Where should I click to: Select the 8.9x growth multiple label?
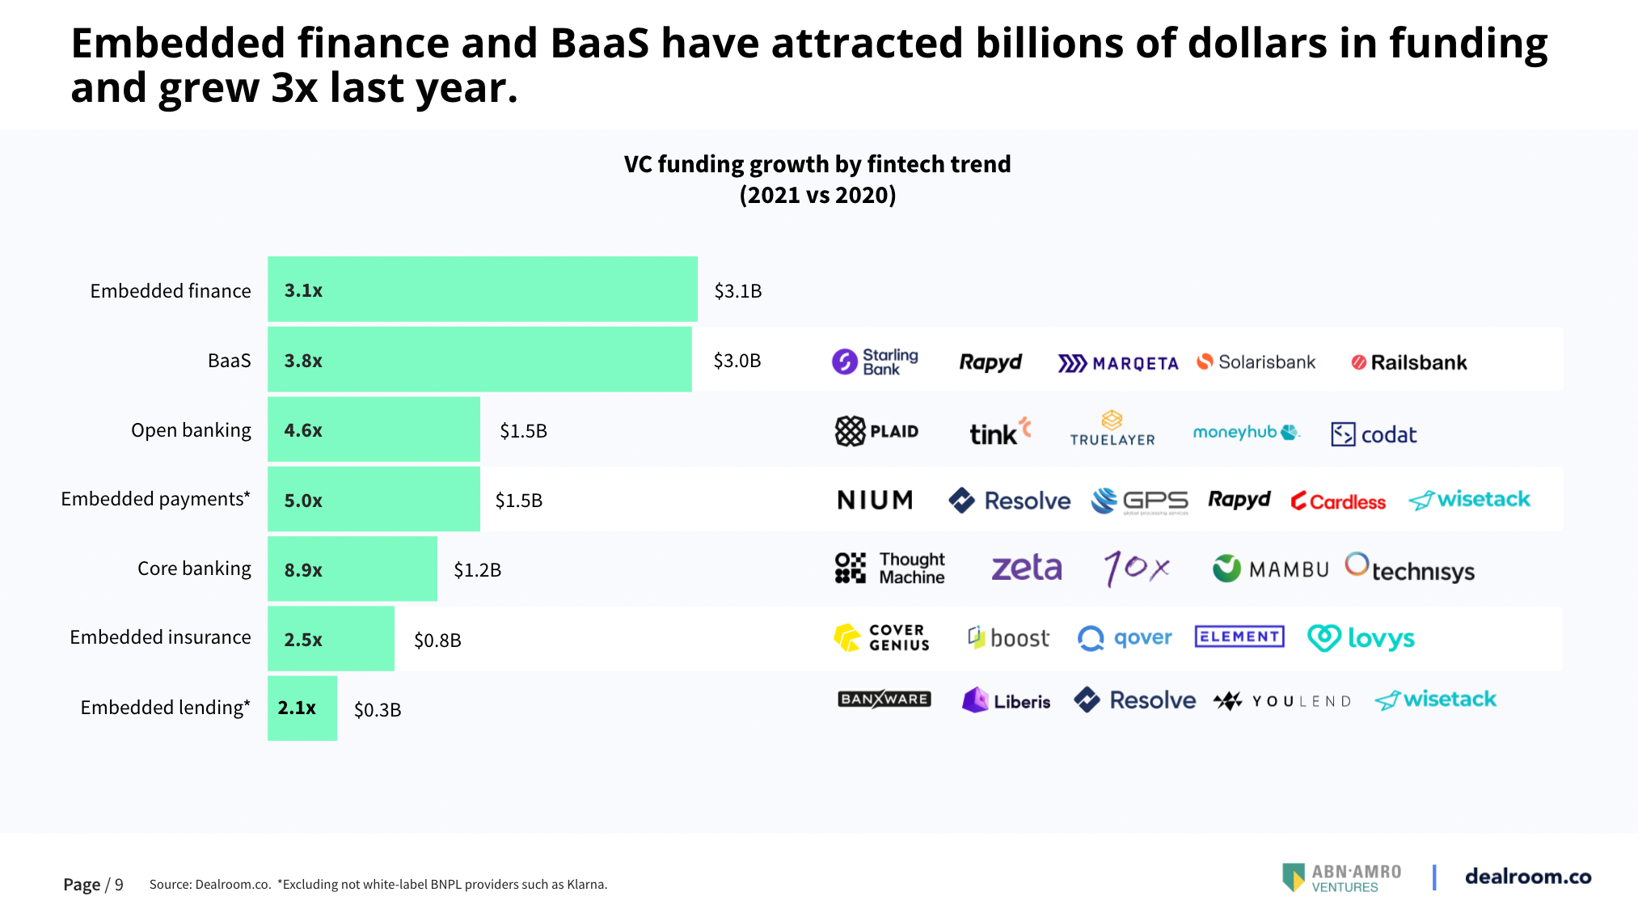[x=303, y=570]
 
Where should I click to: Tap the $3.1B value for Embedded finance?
[x=737, y=291]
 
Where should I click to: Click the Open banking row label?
[x=191, y=430]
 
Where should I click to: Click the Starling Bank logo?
[x=875, y=361]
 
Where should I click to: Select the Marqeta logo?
[x=1117, y=363]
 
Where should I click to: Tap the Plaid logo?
[x=876, y=431]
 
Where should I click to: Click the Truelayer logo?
[x=1112, y=429]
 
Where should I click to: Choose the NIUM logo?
[x=875, y=501]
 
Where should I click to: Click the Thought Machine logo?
[x=889, y=569]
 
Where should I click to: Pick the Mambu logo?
[x=1270, y=569]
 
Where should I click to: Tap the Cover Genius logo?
[x=881, y=638]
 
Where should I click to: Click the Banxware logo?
[x=884, y=700]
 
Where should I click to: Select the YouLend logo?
[x=1282, y=701]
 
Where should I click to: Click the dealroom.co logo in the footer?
[x=1527, y=877]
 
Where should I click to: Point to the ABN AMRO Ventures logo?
[x=1342, y=877]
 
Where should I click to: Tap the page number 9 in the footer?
[x=119, y=885]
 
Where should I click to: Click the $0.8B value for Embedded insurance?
[x=437, y=641]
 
